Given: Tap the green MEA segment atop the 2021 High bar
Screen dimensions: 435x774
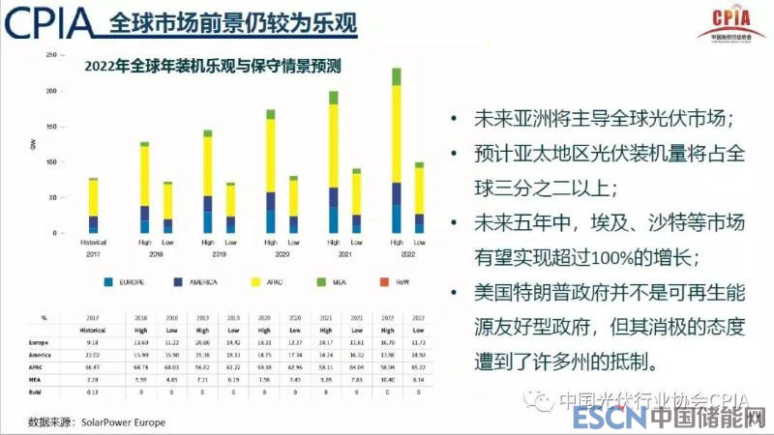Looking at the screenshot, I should [334, 98].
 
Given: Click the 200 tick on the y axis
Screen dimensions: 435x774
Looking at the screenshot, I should [49, 91].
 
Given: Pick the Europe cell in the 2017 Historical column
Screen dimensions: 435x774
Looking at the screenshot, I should [94, 342].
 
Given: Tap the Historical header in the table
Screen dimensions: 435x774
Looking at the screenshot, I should [94, 330].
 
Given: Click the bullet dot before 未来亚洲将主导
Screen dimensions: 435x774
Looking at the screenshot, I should [453, 120].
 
